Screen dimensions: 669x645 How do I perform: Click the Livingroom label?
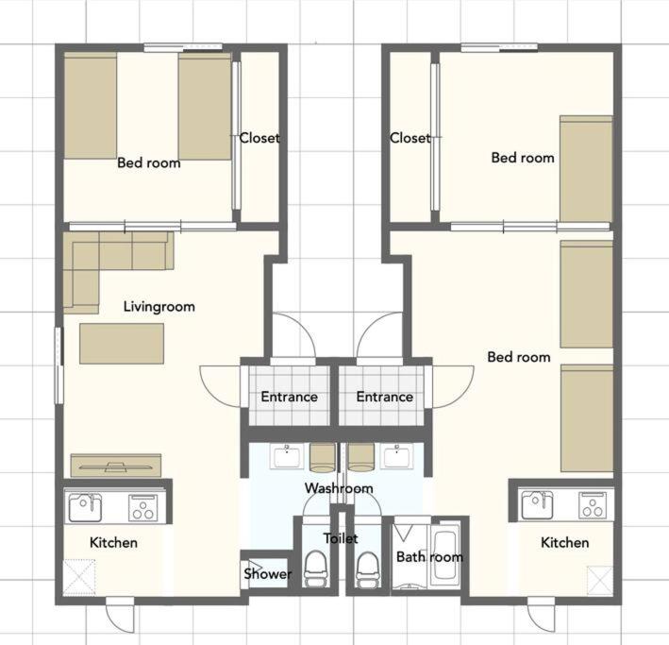tap(159, 307)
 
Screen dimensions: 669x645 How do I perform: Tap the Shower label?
tap(268, 573)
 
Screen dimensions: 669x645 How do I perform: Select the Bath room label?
tap(429, 556)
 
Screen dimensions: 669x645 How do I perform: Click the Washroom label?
tap(339, 488)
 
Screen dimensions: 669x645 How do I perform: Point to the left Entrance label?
tap(290, 397)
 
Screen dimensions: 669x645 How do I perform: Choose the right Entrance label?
tap(384, 397)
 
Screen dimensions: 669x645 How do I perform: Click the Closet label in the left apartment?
tap(259, 138)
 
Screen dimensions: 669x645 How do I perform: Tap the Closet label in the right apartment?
tap(410, 138)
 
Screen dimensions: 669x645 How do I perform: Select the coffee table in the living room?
tap(122, 344)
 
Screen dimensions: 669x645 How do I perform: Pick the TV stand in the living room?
tap(116, 466)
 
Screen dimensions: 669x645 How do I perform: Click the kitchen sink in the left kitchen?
tap(85, 507)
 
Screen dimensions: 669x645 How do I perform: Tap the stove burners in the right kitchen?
tap(593, 506)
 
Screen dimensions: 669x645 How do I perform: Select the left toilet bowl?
tap(315, 569)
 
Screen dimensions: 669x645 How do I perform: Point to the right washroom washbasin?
tap(397, 457)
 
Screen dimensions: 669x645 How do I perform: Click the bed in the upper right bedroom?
tap(586, 169)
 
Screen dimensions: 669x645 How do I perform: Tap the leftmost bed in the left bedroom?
tap(90, 106)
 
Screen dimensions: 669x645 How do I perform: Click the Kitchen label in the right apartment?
tap(565, 542)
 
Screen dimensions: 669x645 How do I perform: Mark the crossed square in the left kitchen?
tap(79, 577)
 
